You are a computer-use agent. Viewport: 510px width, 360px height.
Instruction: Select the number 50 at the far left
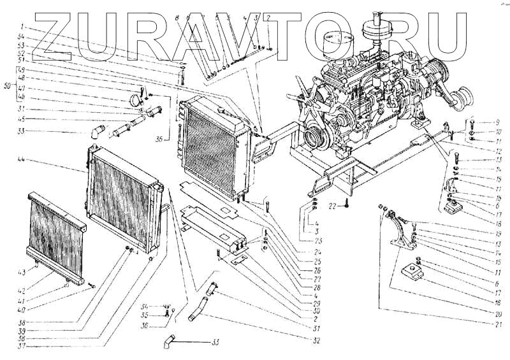click(8, 84)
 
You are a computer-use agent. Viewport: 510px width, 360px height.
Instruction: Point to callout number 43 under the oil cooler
click(39, 272)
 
